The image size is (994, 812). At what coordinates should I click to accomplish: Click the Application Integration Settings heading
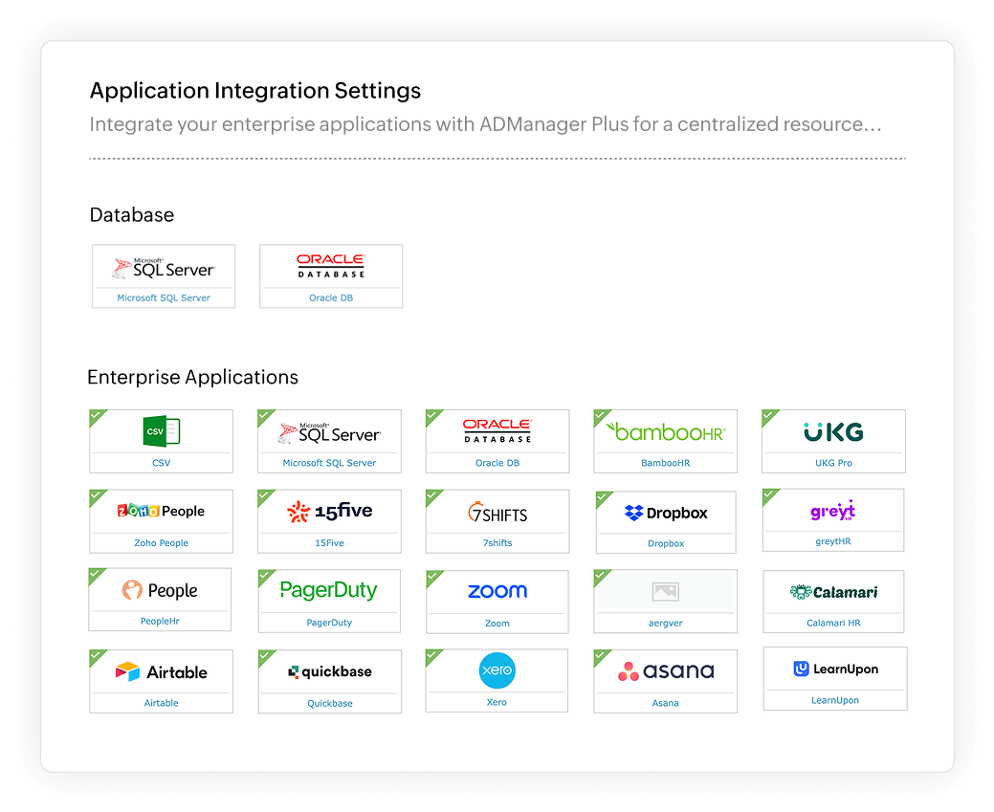pos(254,91)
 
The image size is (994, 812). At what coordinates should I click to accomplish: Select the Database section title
pos(132,215)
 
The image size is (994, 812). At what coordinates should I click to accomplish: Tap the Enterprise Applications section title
pos(192,377)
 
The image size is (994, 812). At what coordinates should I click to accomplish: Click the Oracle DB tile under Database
pos(331,276)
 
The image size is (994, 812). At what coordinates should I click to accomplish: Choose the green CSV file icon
pos(161,431)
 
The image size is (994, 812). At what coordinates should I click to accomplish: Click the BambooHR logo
pos(666,431)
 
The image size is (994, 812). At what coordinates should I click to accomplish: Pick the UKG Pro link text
pos(833,463)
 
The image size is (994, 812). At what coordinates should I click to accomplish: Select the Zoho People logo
pos(161,511)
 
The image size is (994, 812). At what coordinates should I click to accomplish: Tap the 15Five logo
pos(329,512)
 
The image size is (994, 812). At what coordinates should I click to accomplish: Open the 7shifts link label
pos(497,543)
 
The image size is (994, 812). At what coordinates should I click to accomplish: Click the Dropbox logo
pos(666,514)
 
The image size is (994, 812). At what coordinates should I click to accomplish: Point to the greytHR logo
pos(833,511)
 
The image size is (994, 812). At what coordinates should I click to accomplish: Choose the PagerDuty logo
pos(328,590)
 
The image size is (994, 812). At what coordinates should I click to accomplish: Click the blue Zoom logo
pos(497,591)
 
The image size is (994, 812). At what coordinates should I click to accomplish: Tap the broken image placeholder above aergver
pos(666,592)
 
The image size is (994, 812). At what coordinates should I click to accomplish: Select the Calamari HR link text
pos(833,623)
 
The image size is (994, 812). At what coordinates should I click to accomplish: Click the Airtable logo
pos(161,671)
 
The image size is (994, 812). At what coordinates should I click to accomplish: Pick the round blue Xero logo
pos(497,671)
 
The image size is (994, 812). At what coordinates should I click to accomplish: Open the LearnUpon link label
pos(835,700)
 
